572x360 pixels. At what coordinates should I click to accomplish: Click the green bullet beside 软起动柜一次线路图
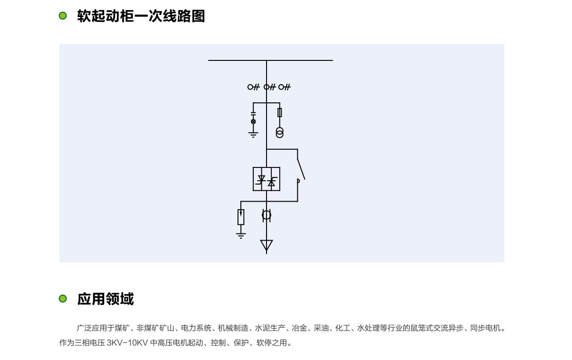click(62, 16)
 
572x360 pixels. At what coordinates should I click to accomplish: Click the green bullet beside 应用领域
click(62, 299)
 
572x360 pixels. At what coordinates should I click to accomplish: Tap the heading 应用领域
click(106, 299)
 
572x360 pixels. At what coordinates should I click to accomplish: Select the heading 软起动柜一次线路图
click(141, 16)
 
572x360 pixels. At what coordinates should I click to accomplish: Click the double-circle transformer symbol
click(280, 133)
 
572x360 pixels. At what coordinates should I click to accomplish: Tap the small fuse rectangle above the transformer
click(280, 112)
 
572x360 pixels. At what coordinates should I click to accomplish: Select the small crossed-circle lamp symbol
click(253, 121)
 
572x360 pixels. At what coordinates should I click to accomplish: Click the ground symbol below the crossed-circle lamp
click(253, 135)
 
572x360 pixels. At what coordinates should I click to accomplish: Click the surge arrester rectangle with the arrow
click(241, 217)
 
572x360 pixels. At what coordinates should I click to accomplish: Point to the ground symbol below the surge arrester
click(241, 235)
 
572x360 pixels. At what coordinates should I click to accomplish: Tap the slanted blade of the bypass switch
click(301, 169)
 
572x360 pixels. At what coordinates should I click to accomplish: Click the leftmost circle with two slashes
click(253, 87)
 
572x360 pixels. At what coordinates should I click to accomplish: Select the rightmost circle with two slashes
click(285, 87)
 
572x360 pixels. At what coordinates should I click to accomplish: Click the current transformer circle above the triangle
click(266, 215)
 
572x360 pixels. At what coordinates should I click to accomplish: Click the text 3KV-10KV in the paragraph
click(128, 342)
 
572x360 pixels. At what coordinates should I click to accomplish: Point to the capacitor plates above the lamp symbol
click(253, 114)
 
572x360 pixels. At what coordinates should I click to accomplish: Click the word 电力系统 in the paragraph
click(196, 328)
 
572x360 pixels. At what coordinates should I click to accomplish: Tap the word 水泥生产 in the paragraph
click(270, 328)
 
